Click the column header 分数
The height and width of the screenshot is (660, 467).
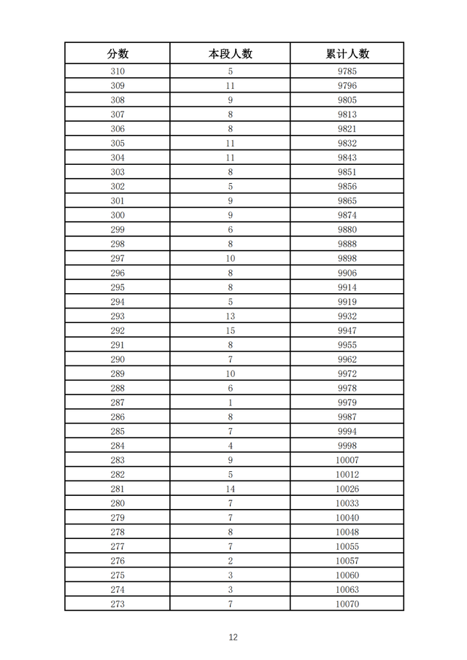(x=117, y=54)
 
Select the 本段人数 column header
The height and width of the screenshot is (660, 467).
(x=231, y=54)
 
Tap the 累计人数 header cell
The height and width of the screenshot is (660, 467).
(x=347, y=54)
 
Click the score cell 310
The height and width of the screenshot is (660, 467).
(x=117, y=71)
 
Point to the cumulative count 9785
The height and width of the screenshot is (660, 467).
(x=347, y=71)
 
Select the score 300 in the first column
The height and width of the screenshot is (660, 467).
(x=117, y=215)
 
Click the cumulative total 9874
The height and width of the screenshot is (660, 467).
(x=347, y=215)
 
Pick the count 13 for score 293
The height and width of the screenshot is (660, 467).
(x=231, y=316)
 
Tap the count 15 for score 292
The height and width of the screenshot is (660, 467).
(x=231, y=330)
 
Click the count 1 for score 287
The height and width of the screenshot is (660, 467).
(x=231, y=403)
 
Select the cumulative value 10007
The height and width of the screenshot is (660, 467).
(x=347, y=460)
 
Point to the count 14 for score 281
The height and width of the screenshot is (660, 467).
(x=231, y=489)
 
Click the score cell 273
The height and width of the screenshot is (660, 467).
(x=117, y=604)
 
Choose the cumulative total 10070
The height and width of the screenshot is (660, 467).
(x=347, y=604)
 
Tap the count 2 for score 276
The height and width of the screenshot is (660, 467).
(x=231, y=561)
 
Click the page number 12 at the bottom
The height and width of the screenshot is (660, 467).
(x=233, y=637)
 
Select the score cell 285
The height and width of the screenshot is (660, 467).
(x=117, y=431)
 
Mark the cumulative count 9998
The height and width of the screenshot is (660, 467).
(x=347, y=446)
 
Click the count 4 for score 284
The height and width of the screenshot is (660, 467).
(x=231, y=446)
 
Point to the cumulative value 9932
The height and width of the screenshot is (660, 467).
(x=347, y=316)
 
